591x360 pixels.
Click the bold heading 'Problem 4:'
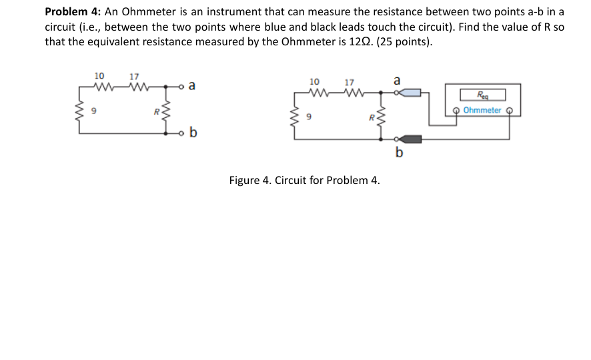(72, 12)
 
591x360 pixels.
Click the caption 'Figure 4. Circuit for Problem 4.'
(304, 180)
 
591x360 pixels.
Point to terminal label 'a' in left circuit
(192, 85)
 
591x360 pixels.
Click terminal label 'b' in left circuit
(193, 132)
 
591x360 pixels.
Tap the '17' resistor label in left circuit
(134, 75)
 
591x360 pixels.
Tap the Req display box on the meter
(482, 95)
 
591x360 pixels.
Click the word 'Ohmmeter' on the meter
(482, 110)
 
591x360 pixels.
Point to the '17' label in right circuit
(349, 82)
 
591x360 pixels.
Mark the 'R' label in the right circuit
(371, 119)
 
